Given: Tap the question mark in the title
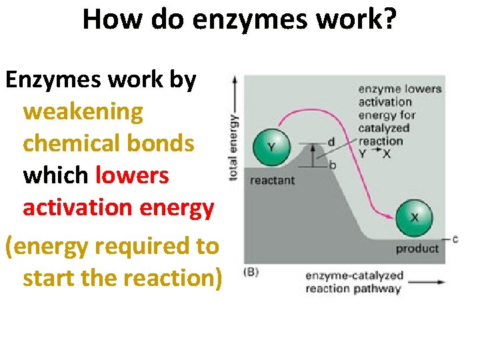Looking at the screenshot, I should (x=388, y=20).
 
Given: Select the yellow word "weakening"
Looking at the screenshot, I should (x=83, y=111).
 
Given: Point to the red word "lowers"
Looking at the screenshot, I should (x=132, y=175).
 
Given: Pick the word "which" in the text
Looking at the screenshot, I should (x=56, y=175).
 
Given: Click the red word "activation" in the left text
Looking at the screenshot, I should (x=79, y=207).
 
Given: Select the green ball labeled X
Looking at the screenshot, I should (x=415, y=217).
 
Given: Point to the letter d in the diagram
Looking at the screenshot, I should (x=332, y=143).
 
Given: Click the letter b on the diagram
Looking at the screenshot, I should (x=332, y=165).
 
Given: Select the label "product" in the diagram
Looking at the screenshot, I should (x=417, y=249).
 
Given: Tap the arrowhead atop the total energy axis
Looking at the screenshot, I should (x=235, y=79).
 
